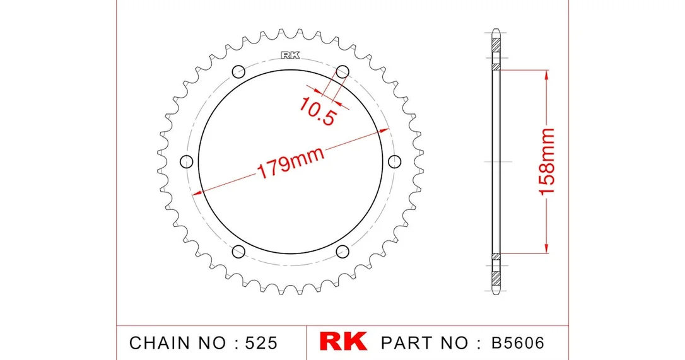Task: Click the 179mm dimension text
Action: click(291, 162)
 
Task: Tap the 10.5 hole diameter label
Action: click(317, 111)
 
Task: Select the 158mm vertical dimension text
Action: click(546, 161)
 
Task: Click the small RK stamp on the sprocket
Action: click(290, 55)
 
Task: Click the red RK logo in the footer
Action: click(343, 342)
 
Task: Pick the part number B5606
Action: click(518, 342)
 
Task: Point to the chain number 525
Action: click(261, 343)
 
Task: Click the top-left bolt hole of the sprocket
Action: click(238, 71)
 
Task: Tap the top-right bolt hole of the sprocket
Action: click(342, 71)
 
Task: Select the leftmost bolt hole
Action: click(187, 161)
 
